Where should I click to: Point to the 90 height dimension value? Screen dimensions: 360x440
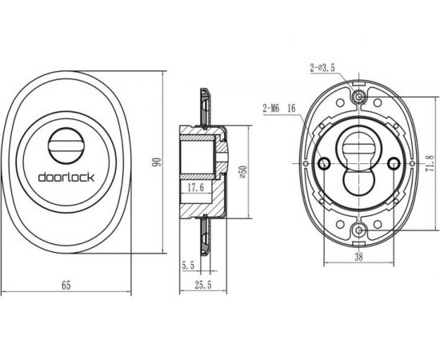click(x=158, y=162)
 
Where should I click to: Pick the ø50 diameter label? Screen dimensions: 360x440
click(x=239, y=171)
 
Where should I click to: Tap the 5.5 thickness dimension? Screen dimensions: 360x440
click(x=189, y=264)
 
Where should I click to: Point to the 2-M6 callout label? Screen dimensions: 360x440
click(x=270, y=106)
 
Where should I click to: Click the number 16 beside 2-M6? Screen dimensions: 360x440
click(x=290, y=106)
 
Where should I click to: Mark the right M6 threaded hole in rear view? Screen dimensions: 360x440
click(x=393, y=163)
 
